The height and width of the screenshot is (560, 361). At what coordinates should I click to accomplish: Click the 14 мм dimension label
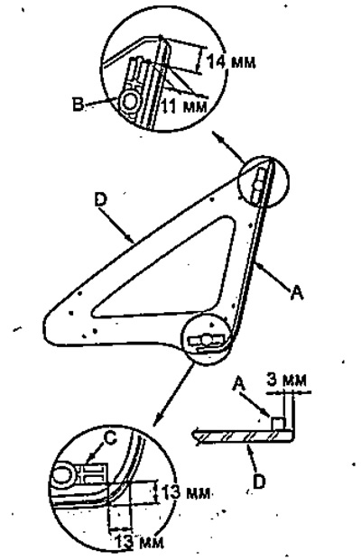point(231,62)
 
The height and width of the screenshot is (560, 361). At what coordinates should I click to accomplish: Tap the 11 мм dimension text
point(184,106)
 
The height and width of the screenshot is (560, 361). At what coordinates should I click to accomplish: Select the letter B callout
point(78,105)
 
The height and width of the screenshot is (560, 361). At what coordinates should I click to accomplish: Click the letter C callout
point(111,438)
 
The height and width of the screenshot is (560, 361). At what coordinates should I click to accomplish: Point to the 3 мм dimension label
point(287,380)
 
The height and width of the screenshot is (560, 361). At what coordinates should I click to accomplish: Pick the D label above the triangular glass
point(100,199)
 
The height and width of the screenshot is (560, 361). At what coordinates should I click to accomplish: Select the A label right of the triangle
point(297,293)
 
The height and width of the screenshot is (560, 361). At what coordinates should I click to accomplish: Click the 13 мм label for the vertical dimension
point(185,493)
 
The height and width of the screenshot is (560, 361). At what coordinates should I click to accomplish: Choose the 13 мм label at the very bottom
point(140,542)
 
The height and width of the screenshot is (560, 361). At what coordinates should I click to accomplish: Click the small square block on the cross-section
point(278,424)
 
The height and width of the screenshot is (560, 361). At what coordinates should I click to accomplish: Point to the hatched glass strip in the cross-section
point(244,436)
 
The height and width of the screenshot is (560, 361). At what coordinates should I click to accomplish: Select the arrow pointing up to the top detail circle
point(228,147)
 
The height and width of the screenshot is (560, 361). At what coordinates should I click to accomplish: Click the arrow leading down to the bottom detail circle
point(174,394)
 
